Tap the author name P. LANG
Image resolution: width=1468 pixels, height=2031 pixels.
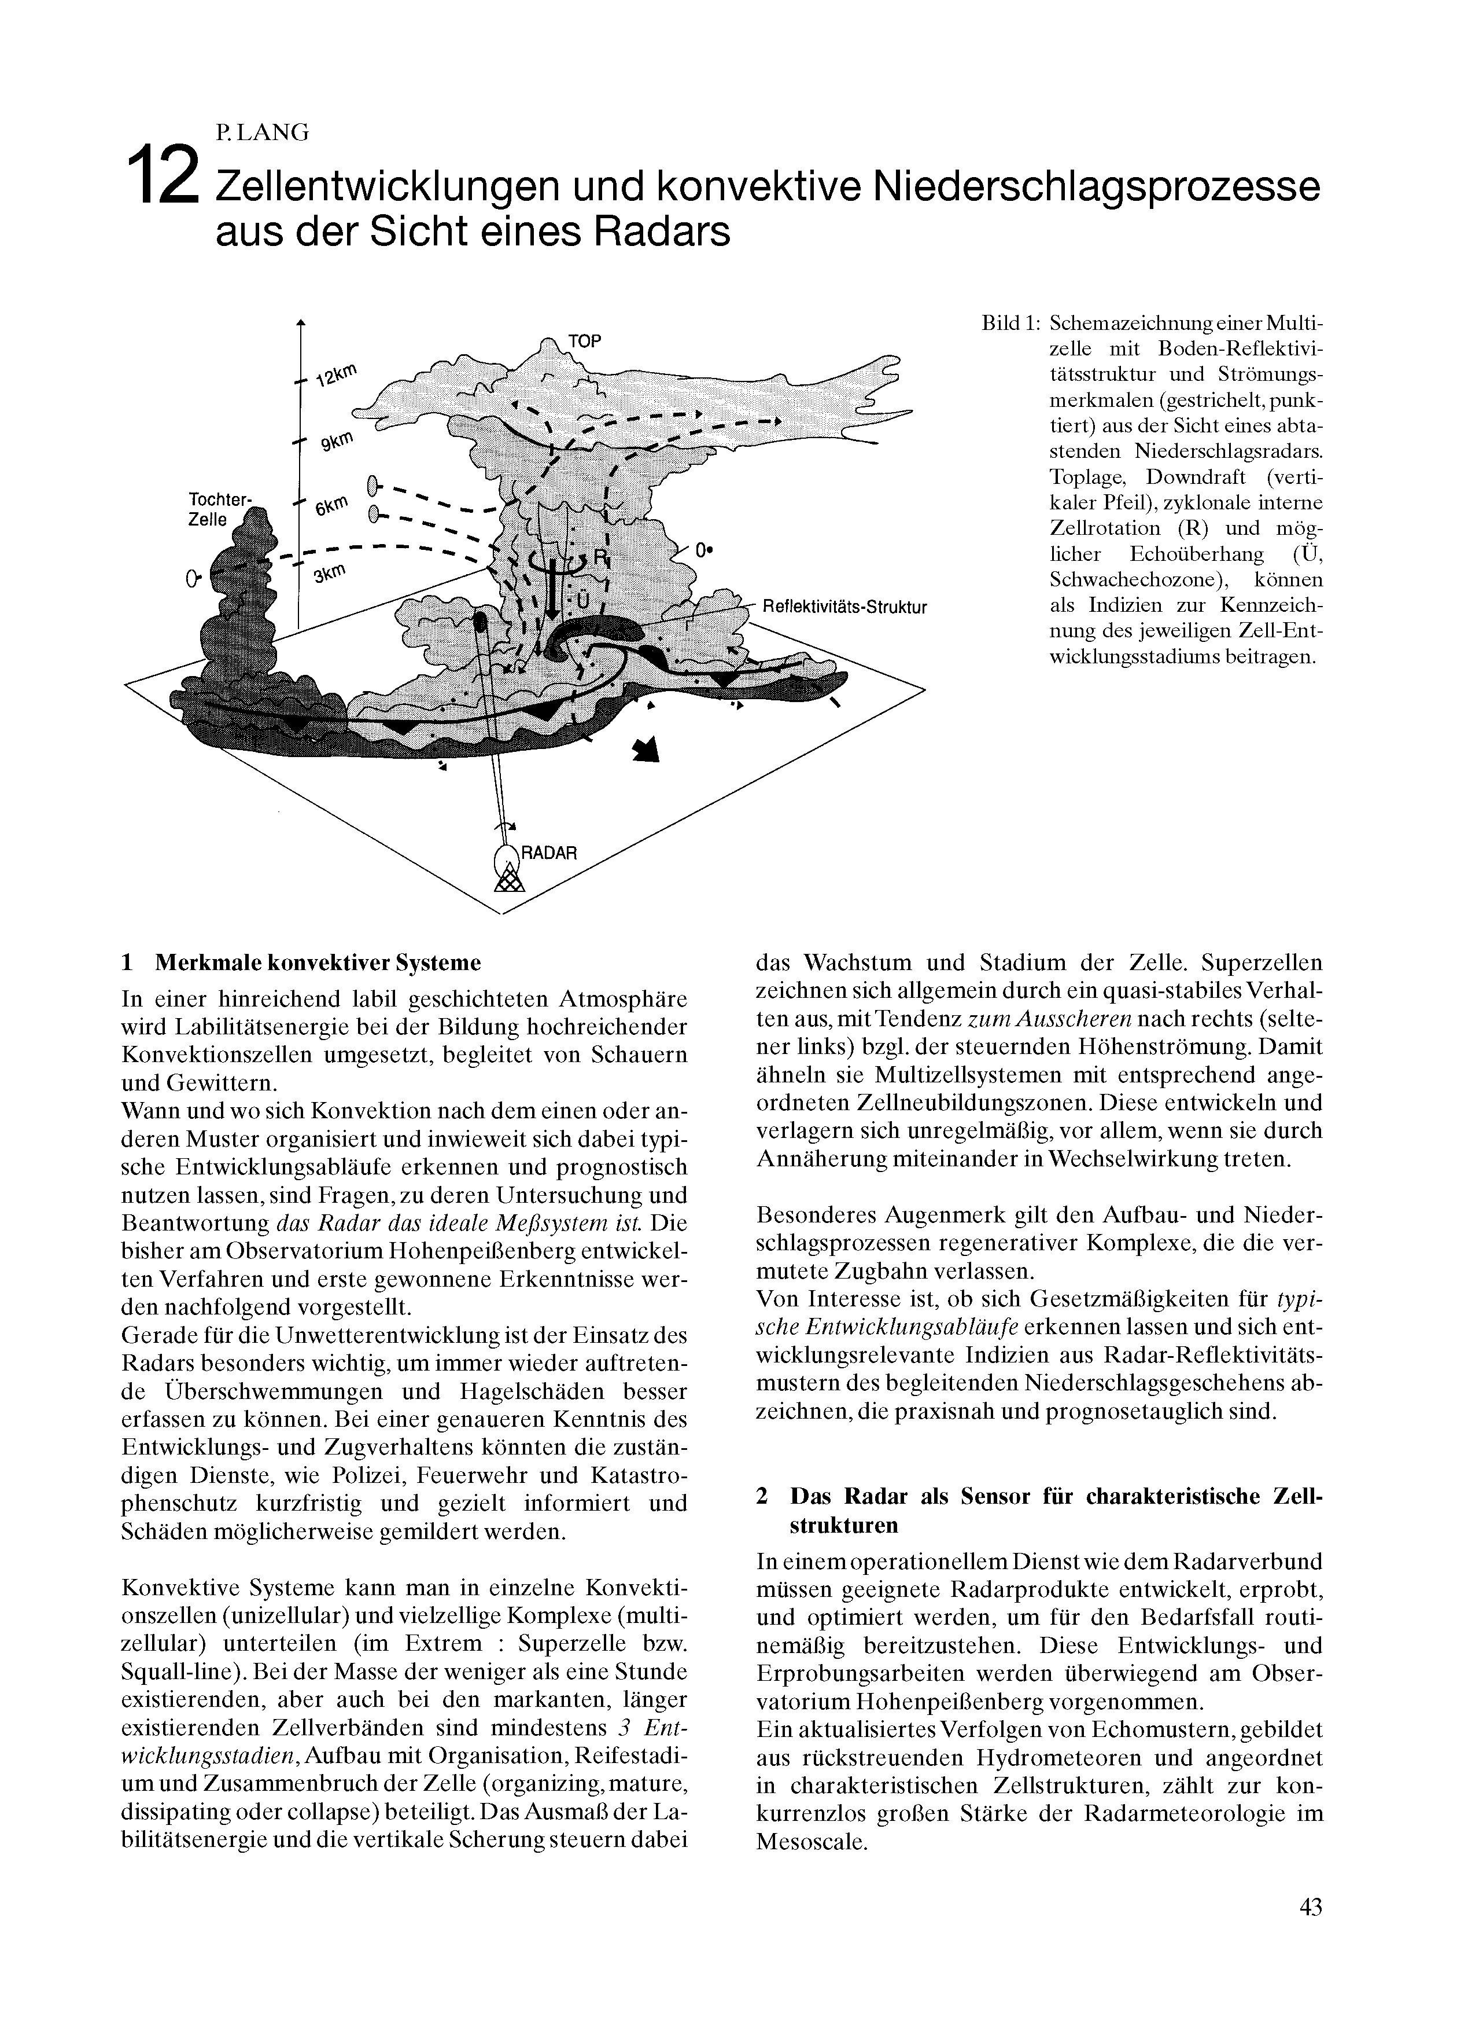pos(261,133)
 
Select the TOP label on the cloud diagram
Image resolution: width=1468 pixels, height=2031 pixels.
pos(585,341)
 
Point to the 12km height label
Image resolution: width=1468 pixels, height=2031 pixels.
pos(337,374)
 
